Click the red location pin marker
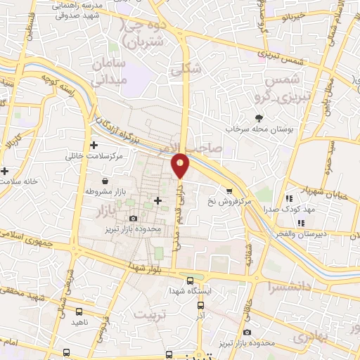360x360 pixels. [x=181, y=165]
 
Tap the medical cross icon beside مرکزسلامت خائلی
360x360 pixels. [x=94, y=144]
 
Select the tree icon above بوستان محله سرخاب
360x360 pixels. [x=260, y=118]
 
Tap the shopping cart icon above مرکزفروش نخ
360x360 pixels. [x=229, y=190]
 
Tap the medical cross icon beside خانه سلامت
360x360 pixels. [x=5, y=171]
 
